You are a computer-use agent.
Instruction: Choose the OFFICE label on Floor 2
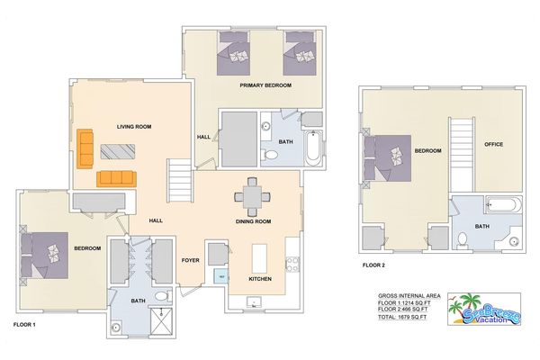[x=493, y=145]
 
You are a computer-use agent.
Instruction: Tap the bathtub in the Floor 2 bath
[x=502, y=206]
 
